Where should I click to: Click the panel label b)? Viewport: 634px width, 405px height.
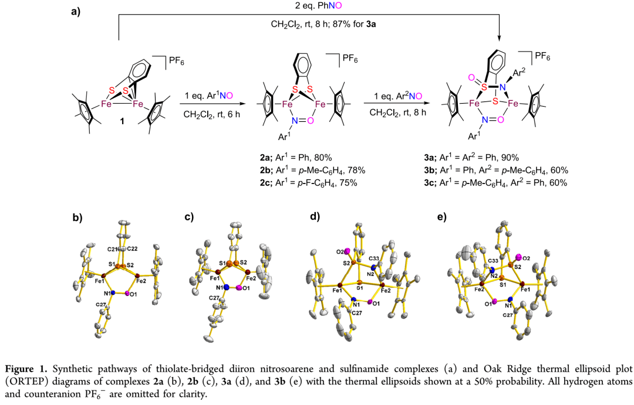[77, 219]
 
